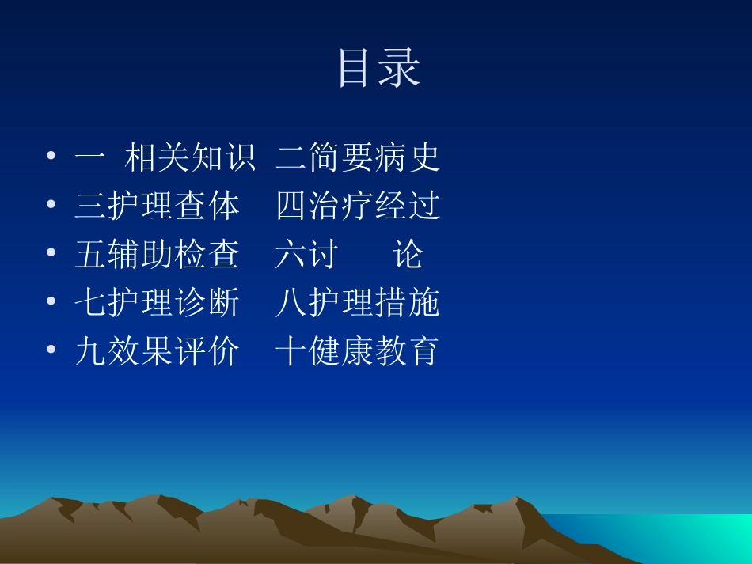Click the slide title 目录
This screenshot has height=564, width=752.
coord(378,68)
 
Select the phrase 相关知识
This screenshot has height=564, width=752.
coord(190,158)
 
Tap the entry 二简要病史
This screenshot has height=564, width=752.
coord(358,158)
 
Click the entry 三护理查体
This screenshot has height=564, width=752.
coord(157,206)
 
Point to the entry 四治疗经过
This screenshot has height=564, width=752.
coord(358,206)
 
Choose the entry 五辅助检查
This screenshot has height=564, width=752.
coord(157,255)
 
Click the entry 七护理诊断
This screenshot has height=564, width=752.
coord(157,303)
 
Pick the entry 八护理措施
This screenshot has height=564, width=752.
coord(358,303)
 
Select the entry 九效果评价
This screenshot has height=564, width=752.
coord(157,351)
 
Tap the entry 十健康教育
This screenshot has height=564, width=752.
coord(358,351)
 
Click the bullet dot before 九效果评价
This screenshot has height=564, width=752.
coord(51,350)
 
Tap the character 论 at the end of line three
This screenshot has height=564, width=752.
coord(408,255)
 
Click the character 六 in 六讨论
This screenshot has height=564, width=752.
coord(291,255)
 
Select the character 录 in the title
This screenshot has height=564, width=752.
coord(400,68)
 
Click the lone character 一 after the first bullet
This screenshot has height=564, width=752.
coord(89,158)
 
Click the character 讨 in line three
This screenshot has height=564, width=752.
coord(323,255)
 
